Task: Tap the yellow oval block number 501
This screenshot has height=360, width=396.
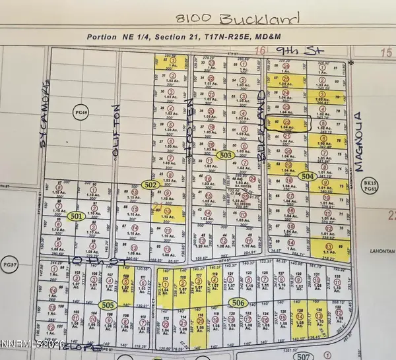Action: (76, 216)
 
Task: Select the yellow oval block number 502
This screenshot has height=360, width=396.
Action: (150, 186)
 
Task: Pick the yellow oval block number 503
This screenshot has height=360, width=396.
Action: (225, 155)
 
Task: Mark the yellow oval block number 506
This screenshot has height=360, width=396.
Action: (241, 303)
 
